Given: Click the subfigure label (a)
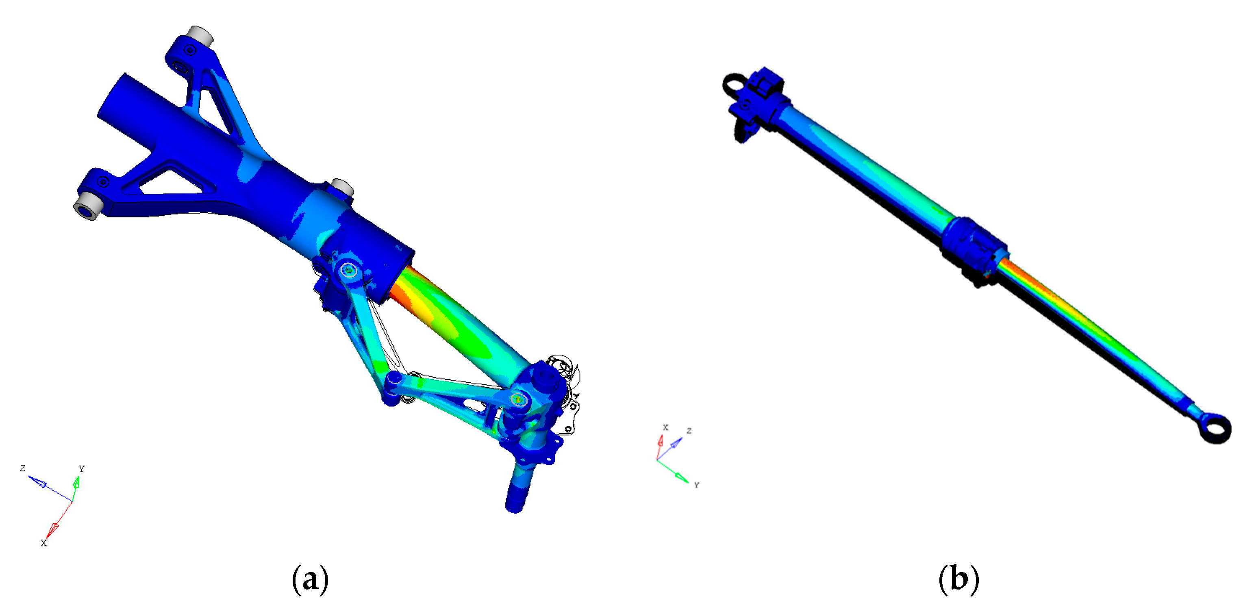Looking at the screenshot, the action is [310, 579].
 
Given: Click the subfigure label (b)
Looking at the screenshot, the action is [958, 579].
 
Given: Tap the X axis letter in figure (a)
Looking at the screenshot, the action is [44, 543].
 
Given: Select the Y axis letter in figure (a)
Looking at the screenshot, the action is [81, 468].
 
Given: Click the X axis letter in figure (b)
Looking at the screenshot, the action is [665, 427].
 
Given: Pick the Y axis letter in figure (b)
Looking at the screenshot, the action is [696, 485].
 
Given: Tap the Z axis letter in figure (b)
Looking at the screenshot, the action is [689, 430].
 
